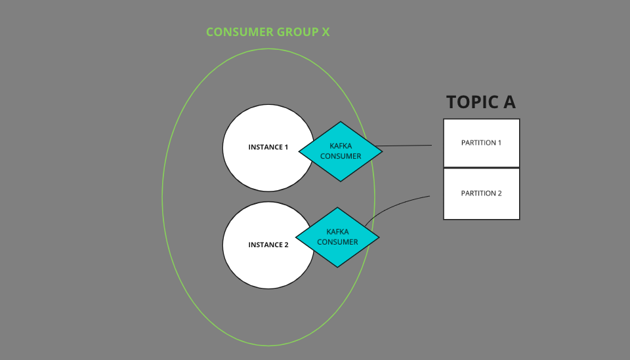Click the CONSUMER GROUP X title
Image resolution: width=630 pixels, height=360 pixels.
(267, 31)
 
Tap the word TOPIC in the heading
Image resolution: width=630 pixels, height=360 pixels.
(471, 102)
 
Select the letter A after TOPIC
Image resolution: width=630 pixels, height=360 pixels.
(508, 102)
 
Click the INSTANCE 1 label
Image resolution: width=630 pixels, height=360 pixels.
(268, 147)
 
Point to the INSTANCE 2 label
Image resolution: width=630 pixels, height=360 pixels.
(268, 245)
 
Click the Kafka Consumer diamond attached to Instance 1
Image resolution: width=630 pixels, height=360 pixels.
(341, 151)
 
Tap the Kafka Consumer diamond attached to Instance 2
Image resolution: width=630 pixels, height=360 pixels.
(337, 237)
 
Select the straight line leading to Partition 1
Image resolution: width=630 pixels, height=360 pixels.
(407, 146)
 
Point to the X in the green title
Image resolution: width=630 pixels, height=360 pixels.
(325, 31)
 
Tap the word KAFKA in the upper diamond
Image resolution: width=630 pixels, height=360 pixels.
(341, 146)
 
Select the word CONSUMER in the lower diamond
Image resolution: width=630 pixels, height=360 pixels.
(337, 242)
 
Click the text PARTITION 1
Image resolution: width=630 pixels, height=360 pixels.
(481, 142)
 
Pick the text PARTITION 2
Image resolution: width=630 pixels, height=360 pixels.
(481, 193)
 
